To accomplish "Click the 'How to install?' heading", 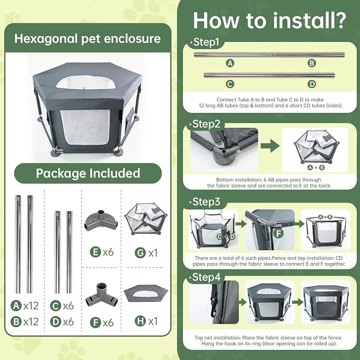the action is (269, 21).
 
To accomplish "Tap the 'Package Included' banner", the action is (88, 173).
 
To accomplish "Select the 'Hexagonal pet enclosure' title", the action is (87, 39).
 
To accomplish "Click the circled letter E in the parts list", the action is (95, 252).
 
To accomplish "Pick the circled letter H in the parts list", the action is (141, 321).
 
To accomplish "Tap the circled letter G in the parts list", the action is (141, 253).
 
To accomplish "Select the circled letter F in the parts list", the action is (95, 322).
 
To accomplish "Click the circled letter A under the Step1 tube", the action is (230, 63).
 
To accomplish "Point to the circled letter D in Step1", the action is (312, 84).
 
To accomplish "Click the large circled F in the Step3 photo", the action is (279, 233).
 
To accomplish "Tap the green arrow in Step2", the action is (270, 146).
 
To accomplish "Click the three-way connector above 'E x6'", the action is (101, 220).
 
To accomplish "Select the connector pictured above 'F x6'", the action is (102, 295).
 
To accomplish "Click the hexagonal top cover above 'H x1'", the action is (146, 293).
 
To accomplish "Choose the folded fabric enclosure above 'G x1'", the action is (146, 218).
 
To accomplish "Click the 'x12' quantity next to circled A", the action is (31, 305).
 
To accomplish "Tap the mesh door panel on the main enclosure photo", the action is (85, 127).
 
